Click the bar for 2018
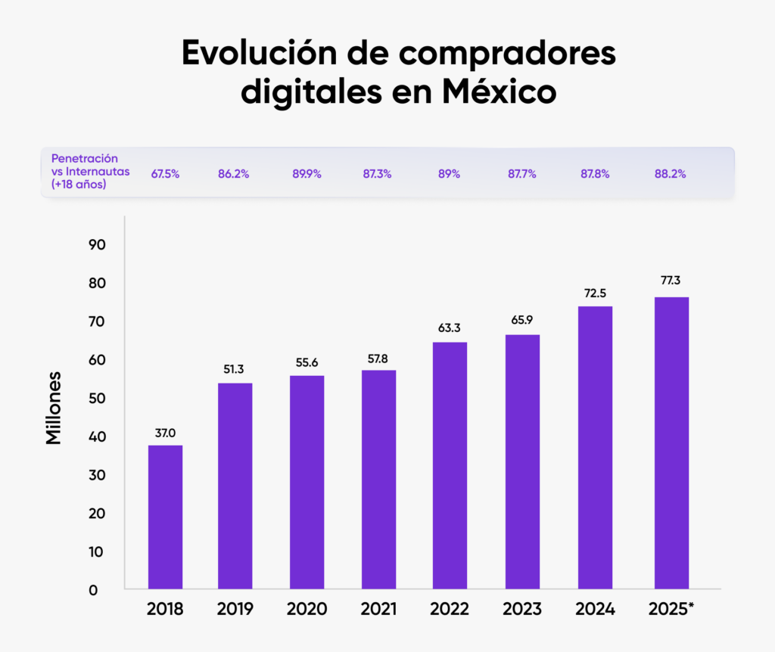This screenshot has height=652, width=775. pos(165,517)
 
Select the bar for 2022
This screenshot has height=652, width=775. pos(450,466)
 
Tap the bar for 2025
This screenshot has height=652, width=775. pos(671,443)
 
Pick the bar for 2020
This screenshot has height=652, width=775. pos(307,483)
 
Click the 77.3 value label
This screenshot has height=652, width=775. pos(671,280)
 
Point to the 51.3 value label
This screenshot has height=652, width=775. pos(235,368)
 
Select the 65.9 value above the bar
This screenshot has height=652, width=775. pos(522,320)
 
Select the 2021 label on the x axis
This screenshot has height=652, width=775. pos(379,610)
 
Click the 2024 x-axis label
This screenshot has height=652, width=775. pos(595,610)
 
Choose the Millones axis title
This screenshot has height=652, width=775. pos(54,407)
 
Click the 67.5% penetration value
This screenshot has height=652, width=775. pos(165,174)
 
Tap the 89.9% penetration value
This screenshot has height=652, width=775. pos(307,174)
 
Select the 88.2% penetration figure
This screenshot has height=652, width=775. pos(671,174)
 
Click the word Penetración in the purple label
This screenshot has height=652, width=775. pos(85,159)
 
